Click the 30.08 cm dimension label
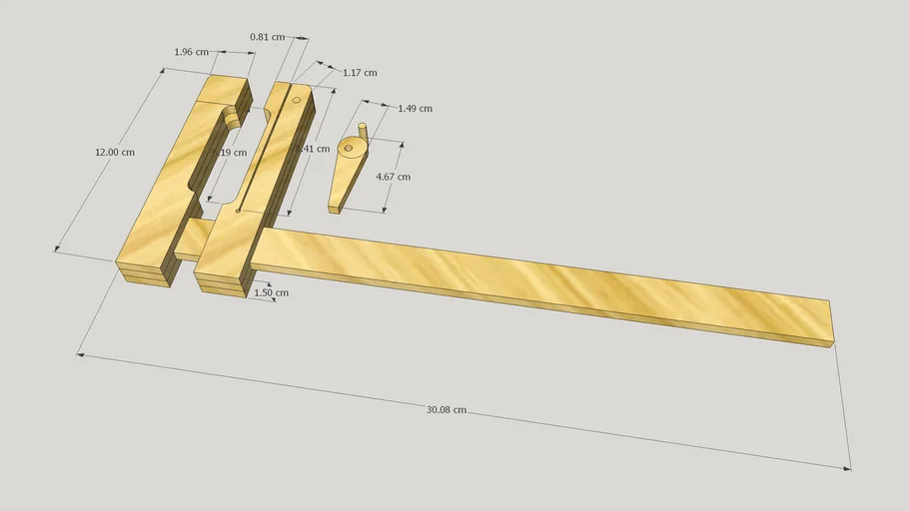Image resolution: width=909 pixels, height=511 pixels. point(447,409)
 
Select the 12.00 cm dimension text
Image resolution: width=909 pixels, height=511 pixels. point(114,153)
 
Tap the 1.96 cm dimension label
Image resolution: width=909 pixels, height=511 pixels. point(191,52)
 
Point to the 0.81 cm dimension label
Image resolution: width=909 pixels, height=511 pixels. point(267,37)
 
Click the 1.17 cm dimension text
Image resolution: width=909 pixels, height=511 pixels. point(360,73)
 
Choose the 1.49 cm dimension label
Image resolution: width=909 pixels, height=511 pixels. point(415,108)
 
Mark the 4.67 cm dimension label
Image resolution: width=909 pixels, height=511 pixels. point(393,177)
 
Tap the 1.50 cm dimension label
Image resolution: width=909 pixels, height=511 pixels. point(271,292)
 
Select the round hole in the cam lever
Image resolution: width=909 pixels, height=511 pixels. point(349,149)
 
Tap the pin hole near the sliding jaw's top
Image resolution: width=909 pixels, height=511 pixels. point(296,100)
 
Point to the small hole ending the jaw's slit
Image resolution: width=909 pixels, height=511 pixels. point(238,211)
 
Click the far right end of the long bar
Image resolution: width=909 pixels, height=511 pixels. point(831,322)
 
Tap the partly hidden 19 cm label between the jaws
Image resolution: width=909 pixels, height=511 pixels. point(232,153)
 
